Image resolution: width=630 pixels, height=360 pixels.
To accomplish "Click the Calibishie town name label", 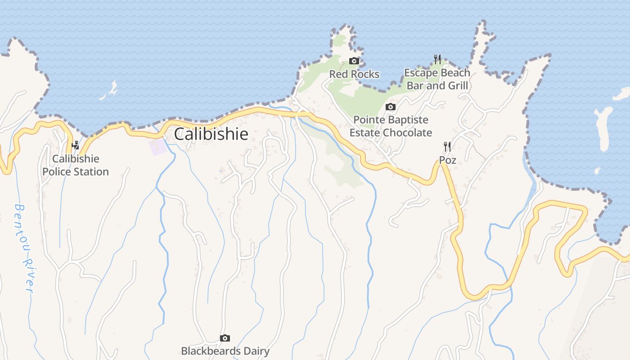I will point(211,134).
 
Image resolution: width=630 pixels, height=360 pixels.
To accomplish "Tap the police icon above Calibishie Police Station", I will point(76,145).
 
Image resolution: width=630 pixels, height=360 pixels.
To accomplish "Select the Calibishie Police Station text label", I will point(76,165).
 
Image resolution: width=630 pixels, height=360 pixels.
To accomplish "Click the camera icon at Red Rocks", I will point(354,61).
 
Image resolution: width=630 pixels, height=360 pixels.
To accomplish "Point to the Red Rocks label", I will point(354,74).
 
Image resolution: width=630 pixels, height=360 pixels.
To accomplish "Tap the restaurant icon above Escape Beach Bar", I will point(437,59).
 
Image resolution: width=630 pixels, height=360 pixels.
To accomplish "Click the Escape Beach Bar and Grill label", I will point(437,79).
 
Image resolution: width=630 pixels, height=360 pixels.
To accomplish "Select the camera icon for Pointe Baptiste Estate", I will point(391,107).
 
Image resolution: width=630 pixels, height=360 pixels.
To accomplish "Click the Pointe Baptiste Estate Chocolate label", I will point(391,126).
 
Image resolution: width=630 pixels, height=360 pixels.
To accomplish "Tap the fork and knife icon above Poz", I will point(447,147).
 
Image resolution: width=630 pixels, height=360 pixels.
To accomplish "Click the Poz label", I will point(448,160).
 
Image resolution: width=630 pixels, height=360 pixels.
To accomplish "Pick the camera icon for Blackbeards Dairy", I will point(225,338).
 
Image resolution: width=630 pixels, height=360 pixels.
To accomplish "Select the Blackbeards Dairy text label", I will point(225,351).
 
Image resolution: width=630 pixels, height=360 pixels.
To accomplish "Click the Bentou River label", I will point(24,248).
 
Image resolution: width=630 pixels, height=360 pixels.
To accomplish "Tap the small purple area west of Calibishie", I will point(157,147).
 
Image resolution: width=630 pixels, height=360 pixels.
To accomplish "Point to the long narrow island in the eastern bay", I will point(603,128).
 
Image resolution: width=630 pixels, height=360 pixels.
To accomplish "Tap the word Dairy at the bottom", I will point(254,351).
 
